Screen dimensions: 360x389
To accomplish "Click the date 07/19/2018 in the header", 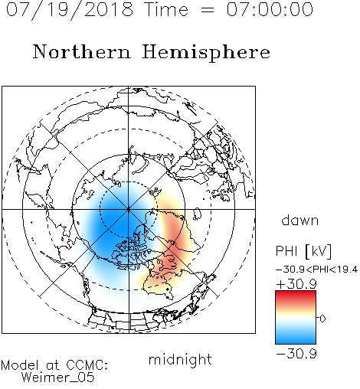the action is (70, 10).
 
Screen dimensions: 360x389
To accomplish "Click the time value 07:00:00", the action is (270, 9).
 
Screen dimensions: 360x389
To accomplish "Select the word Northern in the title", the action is (82, 51).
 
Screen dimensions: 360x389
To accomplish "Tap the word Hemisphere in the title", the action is (206, 53).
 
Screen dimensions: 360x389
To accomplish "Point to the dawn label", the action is (300, 220).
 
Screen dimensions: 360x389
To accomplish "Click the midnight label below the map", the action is (180, 360).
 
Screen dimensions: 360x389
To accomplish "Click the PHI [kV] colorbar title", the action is (303, 251).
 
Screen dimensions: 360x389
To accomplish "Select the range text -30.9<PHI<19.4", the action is (316, 270).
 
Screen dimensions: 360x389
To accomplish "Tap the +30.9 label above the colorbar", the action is (296, 284).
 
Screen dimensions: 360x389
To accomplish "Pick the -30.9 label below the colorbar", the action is (296, 354).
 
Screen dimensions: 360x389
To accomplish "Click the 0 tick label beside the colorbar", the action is (322, 319).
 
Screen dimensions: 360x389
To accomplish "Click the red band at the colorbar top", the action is (296, 296).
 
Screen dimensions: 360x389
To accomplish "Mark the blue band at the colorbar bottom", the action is (296, 338).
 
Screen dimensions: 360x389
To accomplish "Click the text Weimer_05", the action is (57, 378).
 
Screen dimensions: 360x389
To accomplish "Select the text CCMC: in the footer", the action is (87, 365).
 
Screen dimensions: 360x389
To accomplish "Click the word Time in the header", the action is (166, 10).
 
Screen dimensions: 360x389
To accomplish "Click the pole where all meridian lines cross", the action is (129, 209).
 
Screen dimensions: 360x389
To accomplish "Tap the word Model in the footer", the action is (20, 365).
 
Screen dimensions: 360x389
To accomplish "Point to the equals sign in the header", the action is (208, 10).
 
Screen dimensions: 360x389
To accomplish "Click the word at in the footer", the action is (53, 365).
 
